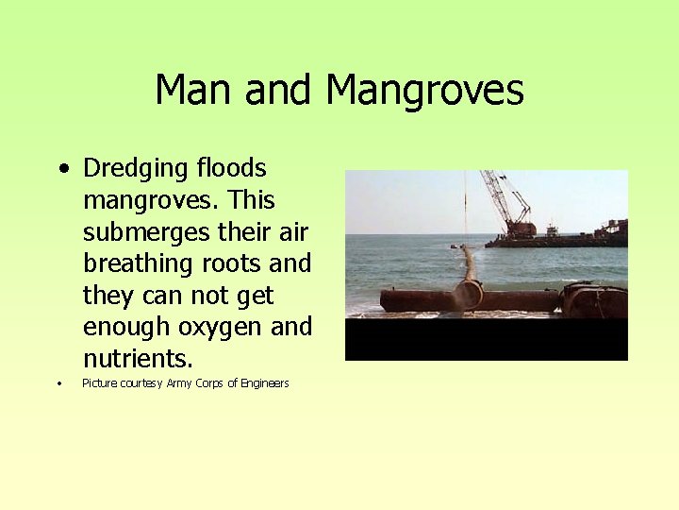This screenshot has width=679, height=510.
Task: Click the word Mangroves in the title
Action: click(424, 92)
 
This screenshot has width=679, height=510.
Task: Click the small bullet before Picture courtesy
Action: click(58, 383)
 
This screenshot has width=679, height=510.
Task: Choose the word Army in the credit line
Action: click(179, 383)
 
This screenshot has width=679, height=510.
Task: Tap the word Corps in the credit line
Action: click(210, 383)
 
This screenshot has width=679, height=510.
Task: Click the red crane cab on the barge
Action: click(520, 228)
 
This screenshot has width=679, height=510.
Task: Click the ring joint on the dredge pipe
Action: click(469, 296)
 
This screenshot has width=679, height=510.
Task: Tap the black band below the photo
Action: click(486, 340)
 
